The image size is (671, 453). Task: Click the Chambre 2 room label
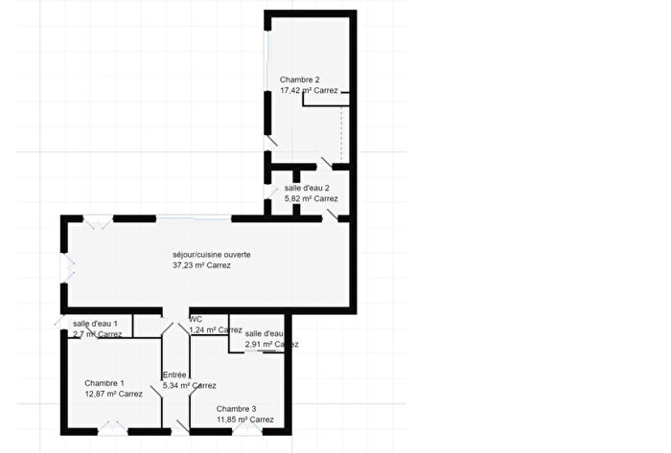(299, 79)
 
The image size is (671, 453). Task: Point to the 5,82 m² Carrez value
(312, 199)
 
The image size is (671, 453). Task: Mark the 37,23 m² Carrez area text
(201, 266)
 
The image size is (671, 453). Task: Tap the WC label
(196, 319)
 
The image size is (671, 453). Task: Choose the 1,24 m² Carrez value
(216, 330)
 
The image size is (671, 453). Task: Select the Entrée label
(174, 374)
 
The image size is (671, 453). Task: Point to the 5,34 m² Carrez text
(189, 386)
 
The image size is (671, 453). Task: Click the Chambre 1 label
(104, 382)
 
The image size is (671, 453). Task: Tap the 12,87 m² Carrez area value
(113, 394)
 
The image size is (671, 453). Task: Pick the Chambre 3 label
(236, 408)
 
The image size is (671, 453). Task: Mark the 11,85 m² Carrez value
(244, 419)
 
